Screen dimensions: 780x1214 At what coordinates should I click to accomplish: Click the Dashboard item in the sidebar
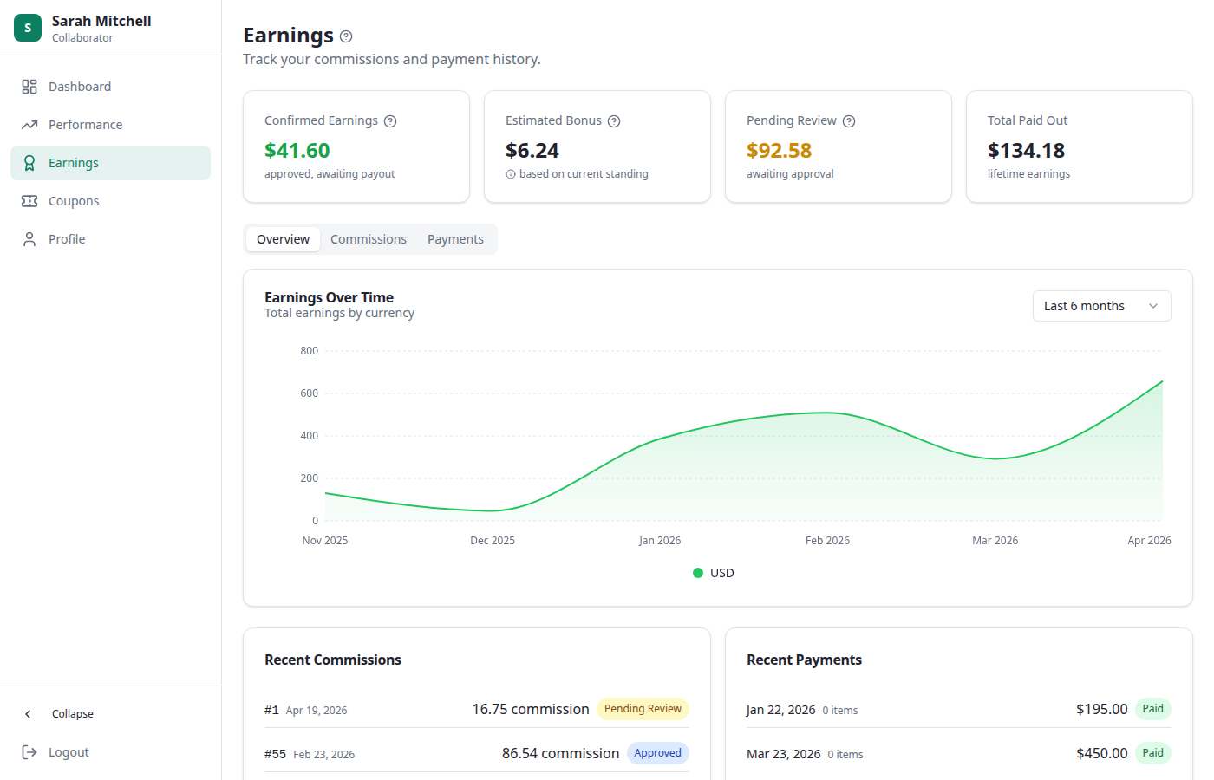79,87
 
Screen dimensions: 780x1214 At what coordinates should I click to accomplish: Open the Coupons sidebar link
74,201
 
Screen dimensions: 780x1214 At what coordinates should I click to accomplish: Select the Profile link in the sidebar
67,239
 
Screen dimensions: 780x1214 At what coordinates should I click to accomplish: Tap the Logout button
68,752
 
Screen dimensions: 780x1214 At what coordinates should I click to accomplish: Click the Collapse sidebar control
72,714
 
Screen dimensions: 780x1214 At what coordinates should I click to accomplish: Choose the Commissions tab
368,239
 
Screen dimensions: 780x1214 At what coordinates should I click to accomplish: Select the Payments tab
455,239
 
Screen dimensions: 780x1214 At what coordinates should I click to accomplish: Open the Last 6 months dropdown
1101,306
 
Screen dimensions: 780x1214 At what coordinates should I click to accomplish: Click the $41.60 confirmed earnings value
297,151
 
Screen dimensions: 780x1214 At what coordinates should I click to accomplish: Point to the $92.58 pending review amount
779,151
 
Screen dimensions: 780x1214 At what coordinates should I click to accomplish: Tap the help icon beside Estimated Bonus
614,121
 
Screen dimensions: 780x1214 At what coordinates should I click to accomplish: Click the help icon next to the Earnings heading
346,36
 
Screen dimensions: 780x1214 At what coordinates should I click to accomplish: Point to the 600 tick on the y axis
310,393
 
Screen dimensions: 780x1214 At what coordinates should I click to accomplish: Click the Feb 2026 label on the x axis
827,541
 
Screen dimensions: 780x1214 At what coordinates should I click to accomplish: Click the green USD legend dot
698,573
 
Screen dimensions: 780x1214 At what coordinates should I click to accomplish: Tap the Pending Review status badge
643,709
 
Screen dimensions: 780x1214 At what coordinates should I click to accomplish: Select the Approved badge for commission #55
657,753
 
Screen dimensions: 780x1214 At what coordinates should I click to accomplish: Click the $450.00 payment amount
1101,754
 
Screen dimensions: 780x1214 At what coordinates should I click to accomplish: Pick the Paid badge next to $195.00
1152,709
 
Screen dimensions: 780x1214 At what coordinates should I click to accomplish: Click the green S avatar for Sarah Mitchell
28,28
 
